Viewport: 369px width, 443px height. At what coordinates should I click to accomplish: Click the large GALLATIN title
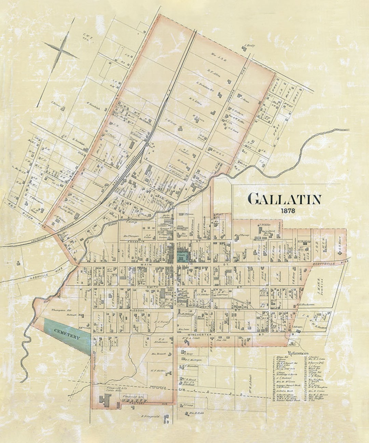pyautogui.click(x=284, y=199)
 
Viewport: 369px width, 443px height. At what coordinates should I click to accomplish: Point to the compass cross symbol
pyautogui.click(x=61, y=51)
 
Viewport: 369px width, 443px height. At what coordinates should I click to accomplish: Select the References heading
pyautogui.click(x=298, y=353)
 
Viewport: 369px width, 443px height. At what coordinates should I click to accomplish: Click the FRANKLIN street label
pyautogui.click(x=134, y=241)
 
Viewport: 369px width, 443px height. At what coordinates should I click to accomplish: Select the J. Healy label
pyautogui.click(x=250, y=45)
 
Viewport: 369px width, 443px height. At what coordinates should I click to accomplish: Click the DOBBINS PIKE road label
pyautogui.click(x=235, y=95)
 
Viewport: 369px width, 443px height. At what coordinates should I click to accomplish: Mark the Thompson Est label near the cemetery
pyautogui.click(x=60, y=310)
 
